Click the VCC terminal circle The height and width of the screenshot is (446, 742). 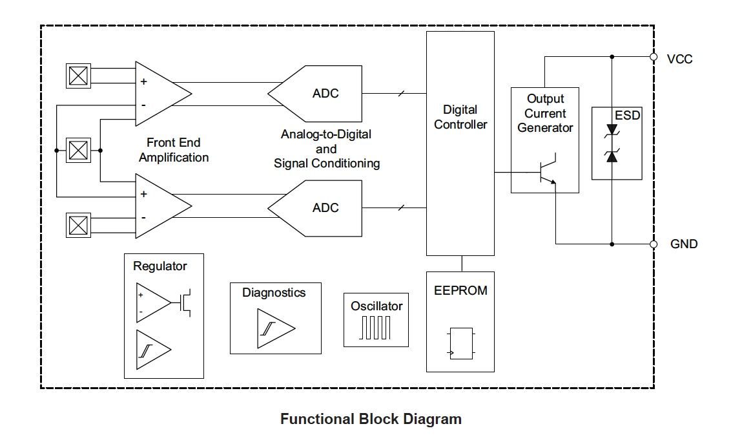coord(654,58)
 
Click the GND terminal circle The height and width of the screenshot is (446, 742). coord(654,244)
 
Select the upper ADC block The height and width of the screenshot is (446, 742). coord(316,93)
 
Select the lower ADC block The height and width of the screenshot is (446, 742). coord(316,207)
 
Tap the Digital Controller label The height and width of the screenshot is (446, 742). coord(460,117)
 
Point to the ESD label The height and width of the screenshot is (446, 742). coord(628,115)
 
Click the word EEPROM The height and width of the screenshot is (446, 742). coord(460,290)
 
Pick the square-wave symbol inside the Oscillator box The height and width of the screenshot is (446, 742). coord(375,327)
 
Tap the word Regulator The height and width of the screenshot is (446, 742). coord(160,266)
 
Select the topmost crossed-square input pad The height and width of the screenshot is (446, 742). coord(79,76)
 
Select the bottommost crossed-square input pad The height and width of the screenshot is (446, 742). coord(79,226)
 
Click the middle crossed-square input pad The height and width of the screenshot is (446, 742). coord(79,151)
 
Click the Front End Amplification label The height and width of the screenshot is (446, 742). coord(174,150)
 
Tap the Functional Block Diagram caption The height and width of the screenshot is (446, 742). coord(371,419)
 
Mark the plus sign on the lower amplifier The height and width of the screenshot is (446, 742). coord(143,194)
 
